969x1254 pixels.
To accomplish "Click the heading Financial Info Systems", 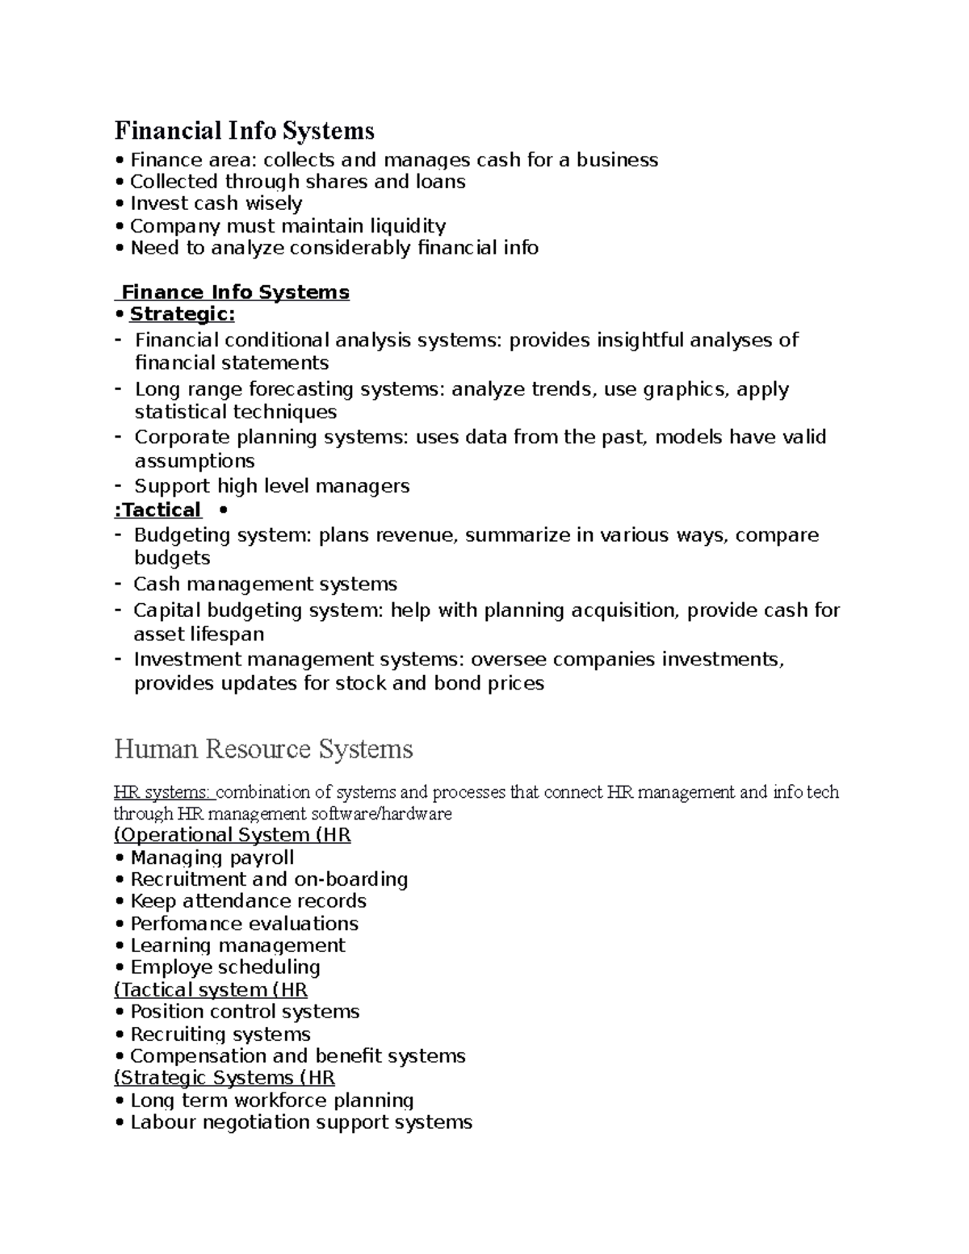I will tap(244, 130).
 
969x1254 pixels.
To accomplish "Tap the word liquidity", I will tap(408, 226).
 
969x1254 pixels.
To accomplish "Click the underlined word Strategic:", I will tap(182, 314).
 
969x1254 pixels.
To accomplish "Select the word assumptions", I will tap(194, 461).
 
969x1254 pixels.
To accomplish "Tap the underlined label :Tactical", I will tap(157, 510).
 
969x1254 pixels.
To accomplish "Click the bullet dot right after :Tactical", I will tap(223, 510).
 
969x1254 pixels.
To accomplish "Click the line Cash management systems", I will tap(265, 584).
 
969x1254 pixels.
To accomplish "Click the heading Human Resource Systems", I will tap(263, 749).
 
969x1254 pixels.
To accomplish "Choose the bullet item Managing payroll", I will tap(212, 858).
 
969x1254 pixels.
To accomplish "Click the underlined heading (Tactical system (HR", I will tap(211, 990).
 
